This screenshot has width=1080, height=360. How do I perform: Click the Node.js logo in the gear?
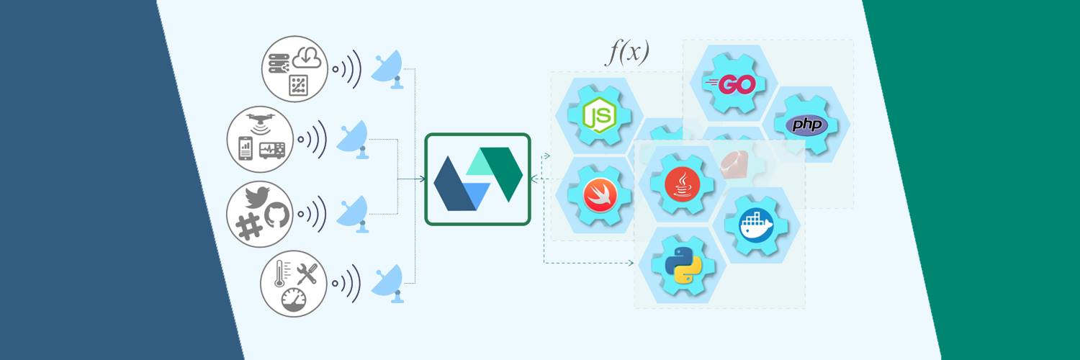point(599,115)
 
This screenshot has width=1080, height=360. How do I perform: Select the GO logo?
point(730,85)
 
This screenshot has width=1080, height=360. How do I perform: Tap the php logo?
point(807,125)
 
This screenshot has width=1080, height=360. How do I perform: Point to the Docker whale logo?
point(755,225)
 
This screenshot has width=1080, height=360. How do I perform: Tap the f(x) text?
point(627,52)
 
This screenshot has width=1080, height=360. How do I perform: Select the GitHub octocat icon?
point(276,215)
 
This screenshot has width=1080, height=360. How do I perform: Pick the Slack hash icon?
point(249,227)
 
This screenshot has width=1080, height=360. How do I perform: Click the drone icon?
point(261,122)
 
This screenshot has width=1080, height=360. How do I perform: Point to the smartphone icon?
point(246,148)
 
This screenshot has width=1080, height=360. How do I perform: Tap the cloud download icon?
point(307,58)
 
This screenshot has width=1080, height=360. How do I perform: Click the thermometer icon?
point(279,274)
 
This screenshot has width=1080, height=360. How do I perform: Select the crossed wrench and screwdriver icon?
point(307,274)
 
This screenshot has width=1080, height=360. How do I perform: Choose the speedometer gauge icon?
point(294,300)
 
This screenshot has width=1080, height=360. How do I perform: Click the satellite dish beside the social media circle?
point(353,215)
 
